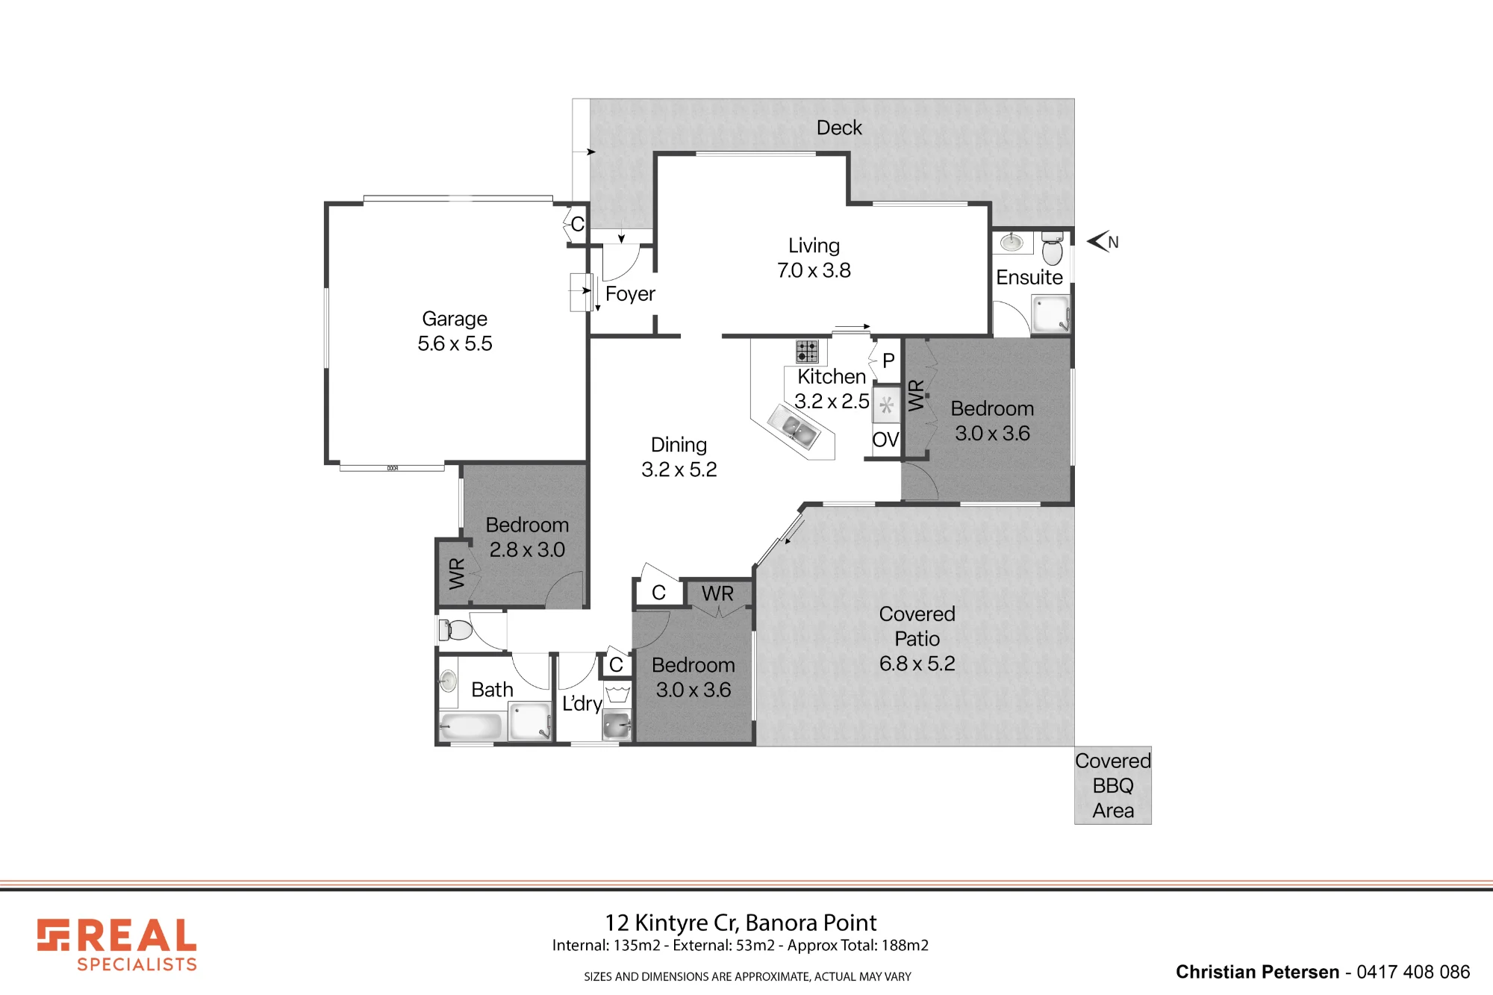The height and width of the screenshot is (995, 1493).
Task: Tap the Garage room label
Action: pos(455,319)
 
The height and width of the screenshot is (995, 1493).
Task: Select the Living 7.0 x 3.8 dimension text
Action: pos(814,270)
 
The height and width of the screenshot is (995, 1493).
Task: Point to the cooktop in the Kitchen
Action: pos(807,351)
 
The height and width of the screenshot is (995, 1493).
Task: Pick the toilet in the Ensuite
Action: pos(1052,249)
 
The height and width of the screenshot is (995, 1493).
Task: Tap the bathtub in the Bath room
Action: pos(471,726)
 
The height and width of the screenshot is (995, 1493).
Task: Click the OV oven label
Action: pos(885,440)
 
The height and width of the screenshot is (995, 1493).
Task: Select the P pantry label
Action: pos(888,361)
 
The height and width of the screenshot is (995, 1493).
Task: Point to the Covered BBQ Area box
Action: pos(1113,785)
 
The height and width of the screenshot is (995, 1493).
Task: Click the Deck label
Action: pos(839,128)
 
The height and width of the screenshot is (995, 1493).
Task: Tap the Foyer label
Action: pos(630,294)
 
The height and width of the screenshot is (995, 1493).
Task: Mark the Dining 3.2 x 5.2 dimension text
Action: pos(679,470)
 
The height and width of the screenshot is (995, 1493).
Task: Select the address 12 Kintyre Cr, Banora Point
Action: pos(741,923)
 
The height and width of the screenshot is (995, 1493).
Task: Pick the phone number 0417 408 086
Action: pos(1413,972)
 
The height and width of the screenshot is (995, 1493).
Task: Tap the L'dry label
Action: pos(582,703)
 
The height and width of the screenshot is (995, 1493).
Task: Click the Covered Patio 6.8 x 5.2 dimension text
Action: pos(917,664)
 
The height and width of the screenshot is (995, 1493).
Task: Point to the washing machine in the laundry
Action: pos(617,725)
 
